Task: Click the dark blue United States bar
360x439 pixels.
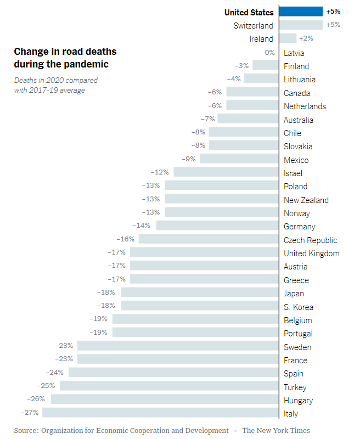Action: (x=301, y=12)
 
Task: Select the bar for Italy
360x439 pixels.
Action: (x=160, y=413)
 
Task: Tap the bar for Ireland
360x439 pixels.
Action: (x=288, y=38)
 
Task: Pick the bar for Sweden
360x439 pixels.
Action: (x=178, y=346)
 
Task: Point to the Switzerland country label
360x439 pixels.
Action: (x=253, y=25)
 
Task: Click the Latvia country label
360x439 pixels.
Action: (x=294, y=53)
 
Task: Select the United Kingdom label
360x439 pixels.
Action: (x=311, y=254)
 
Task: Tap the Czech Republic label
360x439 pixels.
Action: (x=310, y=240)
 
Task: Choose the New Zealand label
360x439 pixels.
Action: (x=306, y=200)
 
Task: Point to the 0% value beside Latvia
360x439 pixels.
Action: (x=269, y=53)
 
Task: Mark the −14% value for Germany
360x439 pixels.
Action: (x=142, y=226)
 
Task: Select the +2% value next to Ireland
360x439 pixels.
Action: (x=306, y=38)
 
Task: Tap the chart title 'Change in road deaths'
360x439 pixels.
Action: (x=65, y=52)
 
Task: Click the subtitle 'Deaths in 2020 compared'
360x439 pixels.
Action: (x=55, y=80)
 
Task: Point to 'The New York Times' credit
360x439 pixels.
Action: (x=275, y=430)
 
